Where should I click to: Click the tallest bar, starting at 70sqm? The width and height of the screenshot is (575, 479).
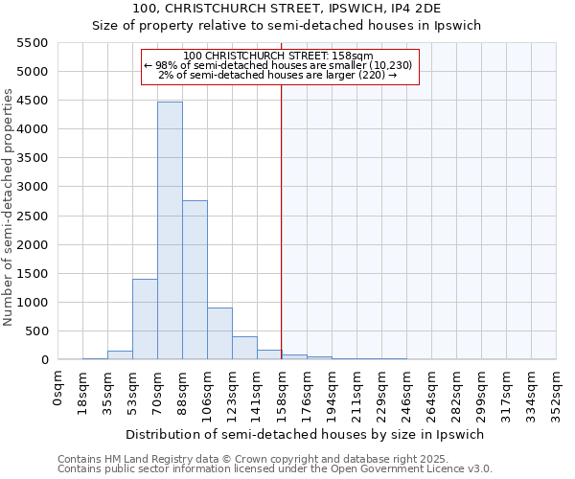[170, 230]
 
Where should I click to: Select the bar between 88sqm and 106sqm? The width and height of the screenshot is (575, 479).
[195, 280]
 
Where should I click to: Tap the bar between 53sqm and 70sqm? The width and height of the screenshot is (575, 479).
[145, 319]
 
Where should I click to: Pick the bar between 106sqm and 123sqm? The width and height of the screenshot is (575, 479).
[219, 333]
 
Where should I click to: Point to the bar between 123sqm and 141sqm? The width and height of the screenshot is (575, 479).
[244, 348]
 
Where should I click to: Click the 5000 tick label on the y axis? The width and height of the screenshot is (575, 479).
[33, 72]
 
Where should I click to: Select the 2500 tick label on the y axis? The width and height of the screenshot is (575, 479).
[33, 216]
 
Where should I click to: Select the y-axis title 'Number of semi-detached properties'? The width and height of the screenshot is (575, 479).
[10, 207]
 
